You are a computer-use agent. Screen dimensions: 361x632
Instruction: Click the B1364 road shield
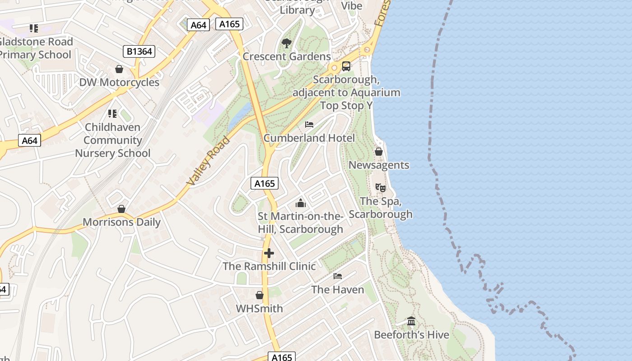[x=139, y=51]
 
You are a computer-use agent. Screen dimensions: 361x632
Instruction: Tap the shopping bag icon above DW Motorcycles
[x=119, y=69]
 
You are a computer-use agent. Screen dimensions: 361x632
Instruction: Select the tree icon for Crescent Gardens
[x=286, y=43]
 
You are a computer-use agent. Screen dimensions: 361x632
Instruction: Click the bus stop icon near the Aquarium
[x=346, y=66]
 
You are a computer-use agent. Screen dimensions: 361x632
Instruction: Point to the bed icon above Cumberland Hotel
[x=309, y=125]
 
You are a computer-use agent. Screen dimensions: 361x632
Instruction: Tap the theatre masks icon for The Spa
[x=380, y=187]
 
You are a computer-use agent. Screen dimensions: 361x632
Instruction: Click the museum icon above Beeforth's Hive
[x=411, y=321]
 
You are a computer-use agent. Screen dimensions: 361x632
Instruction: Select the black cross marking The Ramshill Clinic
[x=269, y=253]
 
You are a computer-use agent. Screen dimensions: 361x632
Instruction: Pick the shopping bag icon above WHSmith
[x=260, y=295]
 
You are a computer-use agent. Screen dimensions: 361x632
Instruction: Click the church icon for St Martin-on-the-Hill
[x=301, y=203]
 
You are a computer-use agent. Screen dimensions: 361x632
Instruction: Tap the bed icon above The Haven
[x=338, y=276]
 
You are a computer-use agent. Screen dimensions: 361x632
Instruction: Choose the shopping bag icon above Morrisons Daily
[x=121, y=209]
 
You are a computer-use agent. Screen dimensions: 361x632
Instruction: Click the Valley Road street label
[x=209, y=161]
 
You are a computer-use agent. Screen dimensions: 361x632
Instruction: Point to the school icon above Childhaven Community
[x=112, y=114]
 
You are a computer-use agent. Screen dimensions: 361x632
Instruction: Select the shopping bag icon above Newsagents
[x=379, y=152]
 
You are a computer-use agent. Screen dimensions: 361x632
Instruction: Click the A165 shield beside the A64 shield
[x=229, y=24]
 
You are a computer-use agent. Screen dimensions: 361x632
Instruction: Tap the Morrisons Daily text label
[x=121, y=222]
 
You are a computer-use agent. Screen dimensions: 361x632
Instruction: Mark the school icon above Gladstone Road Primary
[x=34, y=28]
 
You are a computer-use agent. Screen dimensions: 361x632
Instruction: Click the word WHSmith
[x=260, y=309]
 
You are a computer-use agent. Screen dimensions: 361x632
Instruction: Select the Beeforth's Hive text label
[x=411, y=335]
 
